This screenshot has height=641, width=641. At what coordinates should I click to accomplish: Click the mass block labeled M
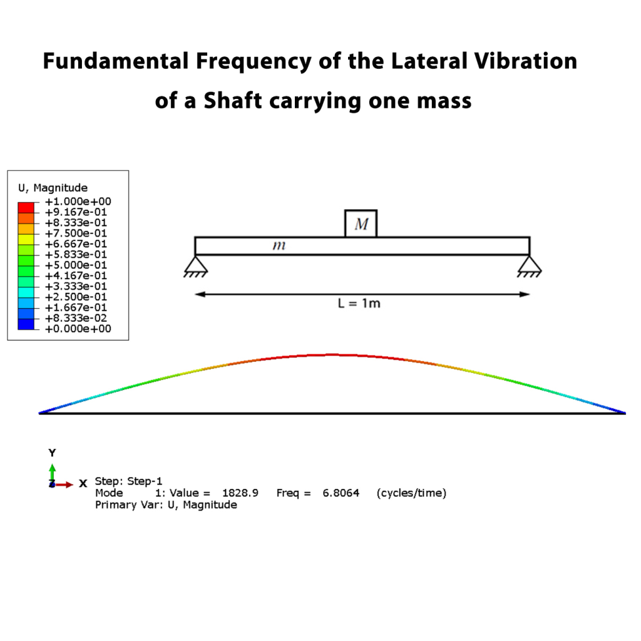click(361, 223)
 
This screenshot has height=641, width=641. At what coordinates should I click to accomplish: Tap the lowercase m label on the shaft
click(279, 246)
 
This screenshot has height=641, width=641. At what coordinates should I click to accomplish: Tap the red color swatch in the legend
click(26, 206)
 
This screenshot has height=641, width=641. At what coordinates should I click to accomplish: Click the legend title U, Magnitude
click(53, 188)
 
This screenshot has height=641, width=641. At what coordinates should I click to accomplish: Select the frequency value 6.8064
click(341, 493)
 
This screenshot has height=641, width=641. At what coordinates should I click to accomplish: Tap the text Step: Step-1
click(128, 481)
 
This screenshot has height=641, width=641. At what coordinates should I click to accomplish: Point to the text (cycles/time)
click(411, 493)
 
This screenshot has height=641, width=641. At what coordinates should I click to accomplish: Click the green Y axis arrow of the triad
click(53, 471)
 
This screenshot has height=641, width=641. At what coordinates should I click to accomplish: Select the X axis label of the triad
click(83, 484)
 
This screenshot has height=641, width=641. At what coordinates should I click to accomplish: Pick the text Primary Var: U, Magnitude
click(166, 505)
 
